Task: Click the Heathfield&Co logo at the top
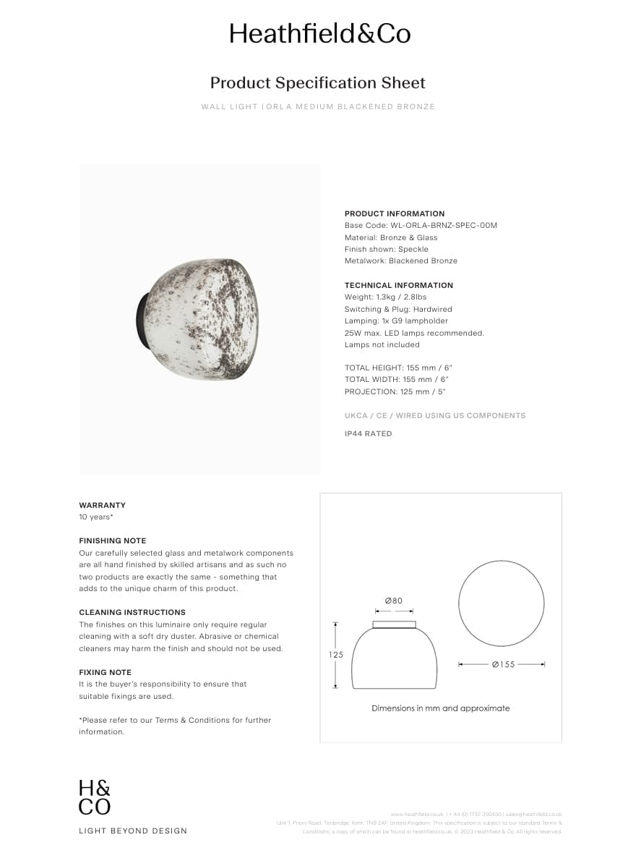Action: point(319,34)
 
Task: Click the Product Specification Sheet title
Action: point(318,82)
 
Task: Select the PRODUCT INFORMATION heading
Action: point(395,213)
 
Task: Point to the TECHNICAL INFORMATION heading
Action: point(399,285)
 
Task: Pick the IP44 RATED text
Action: point(369,433)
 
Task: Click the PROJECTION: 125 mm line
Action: point(395,391)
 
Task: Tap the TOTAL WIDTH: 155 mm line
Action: point(398,379)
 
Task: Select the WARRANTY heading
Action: point(102,505)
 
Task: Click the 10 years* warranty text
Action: point(96,517)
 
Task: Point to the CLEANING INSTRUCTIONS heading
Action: point(132,612)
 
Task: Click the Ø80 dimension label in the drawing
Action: point(394,601)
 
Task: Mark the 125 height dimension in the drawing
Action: point(336,655)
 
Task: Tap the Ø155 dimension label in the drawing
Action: point(504,664)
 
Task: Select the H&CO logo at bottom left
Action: point(95,797)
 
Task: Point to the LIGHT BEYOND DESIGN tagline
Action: point(133,831)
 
